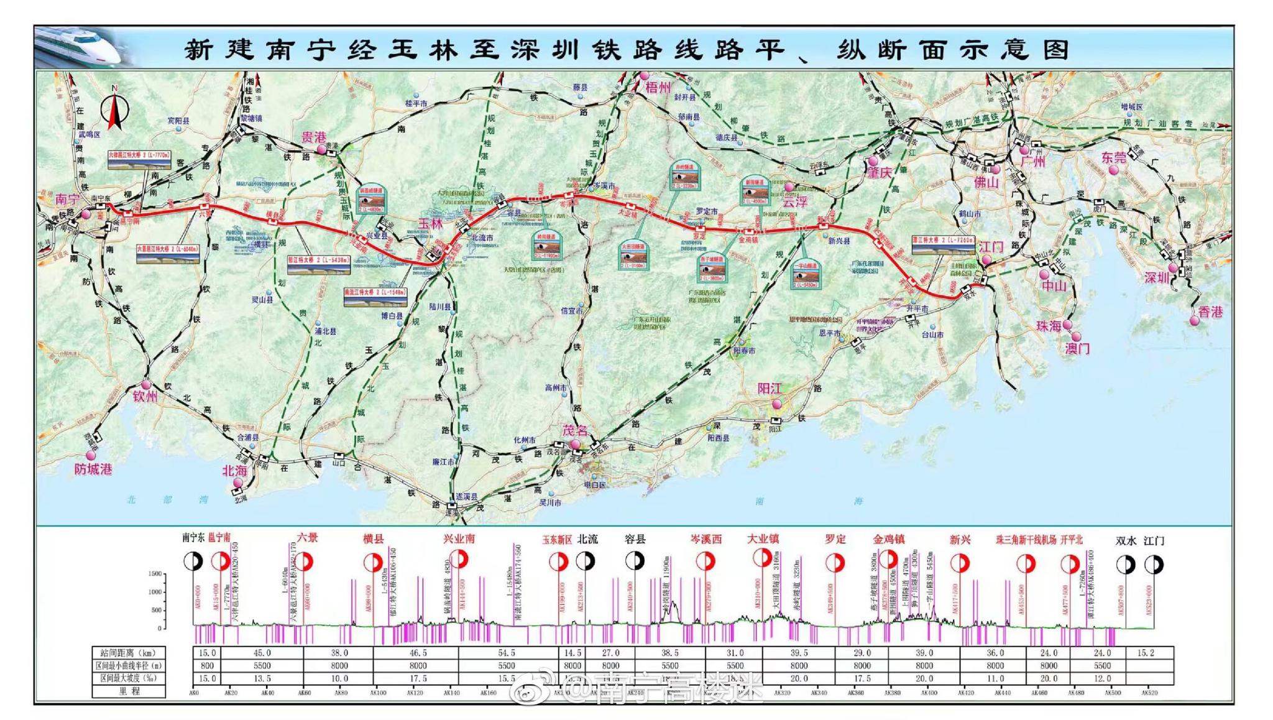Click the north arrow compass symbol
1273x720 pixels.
pos(114,108)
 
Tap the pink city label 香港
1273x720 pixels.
pos(1210,312)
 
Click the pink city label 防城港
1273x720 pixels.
pos(93,469)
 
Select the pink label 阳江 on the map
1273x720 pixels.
pos(769,389)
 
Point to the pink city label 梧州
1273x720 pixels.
pos(658,88)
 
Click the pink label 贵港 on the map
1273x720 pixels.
pos(313,137)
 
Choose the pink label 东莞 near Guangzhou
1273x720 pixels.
pos(1113,158)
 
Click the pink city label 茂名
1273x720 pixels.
pos(574,430)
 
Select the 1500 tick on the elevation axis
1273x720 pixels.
pos(155,574)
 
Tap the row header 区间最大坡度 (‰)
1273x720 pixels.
pos(129,678)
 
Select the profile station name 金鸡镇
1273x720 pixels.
pos(888,539)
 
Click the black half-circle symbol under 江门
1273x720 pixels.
pos(1154,565)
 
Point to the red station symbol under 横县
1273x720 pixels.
pos(372,563)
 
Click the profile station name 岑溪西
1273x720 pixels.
pos(706,539)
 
